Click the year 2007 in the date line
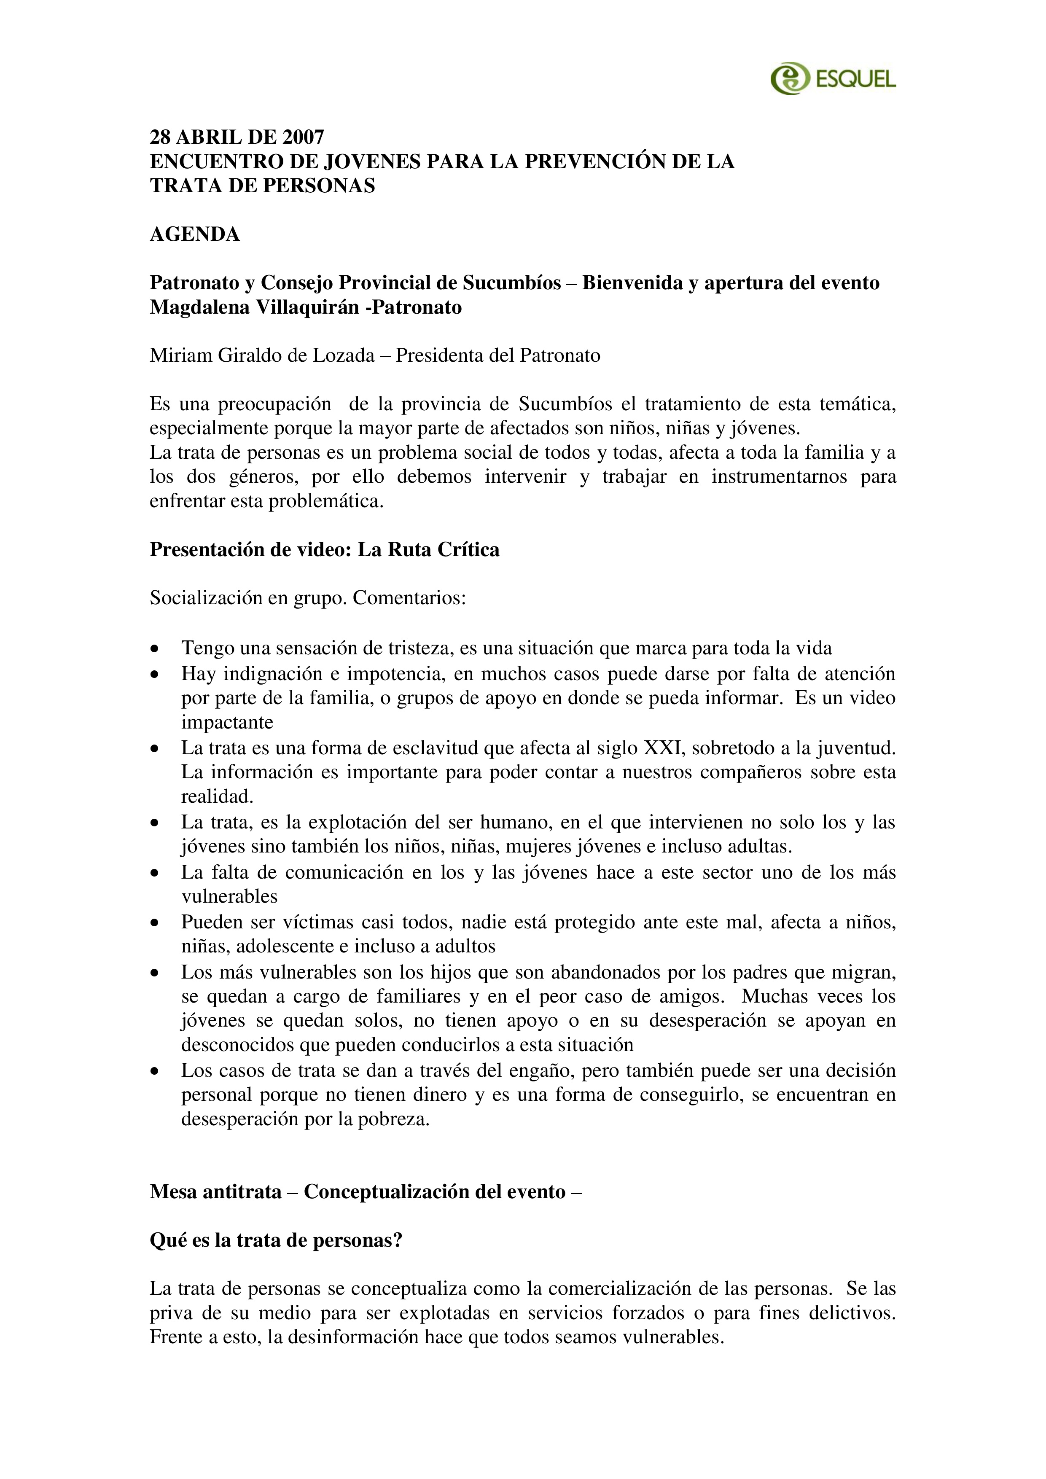coord(303,137)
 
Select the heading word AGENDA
coord(194,234)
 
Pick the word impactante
coord(227,722)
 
